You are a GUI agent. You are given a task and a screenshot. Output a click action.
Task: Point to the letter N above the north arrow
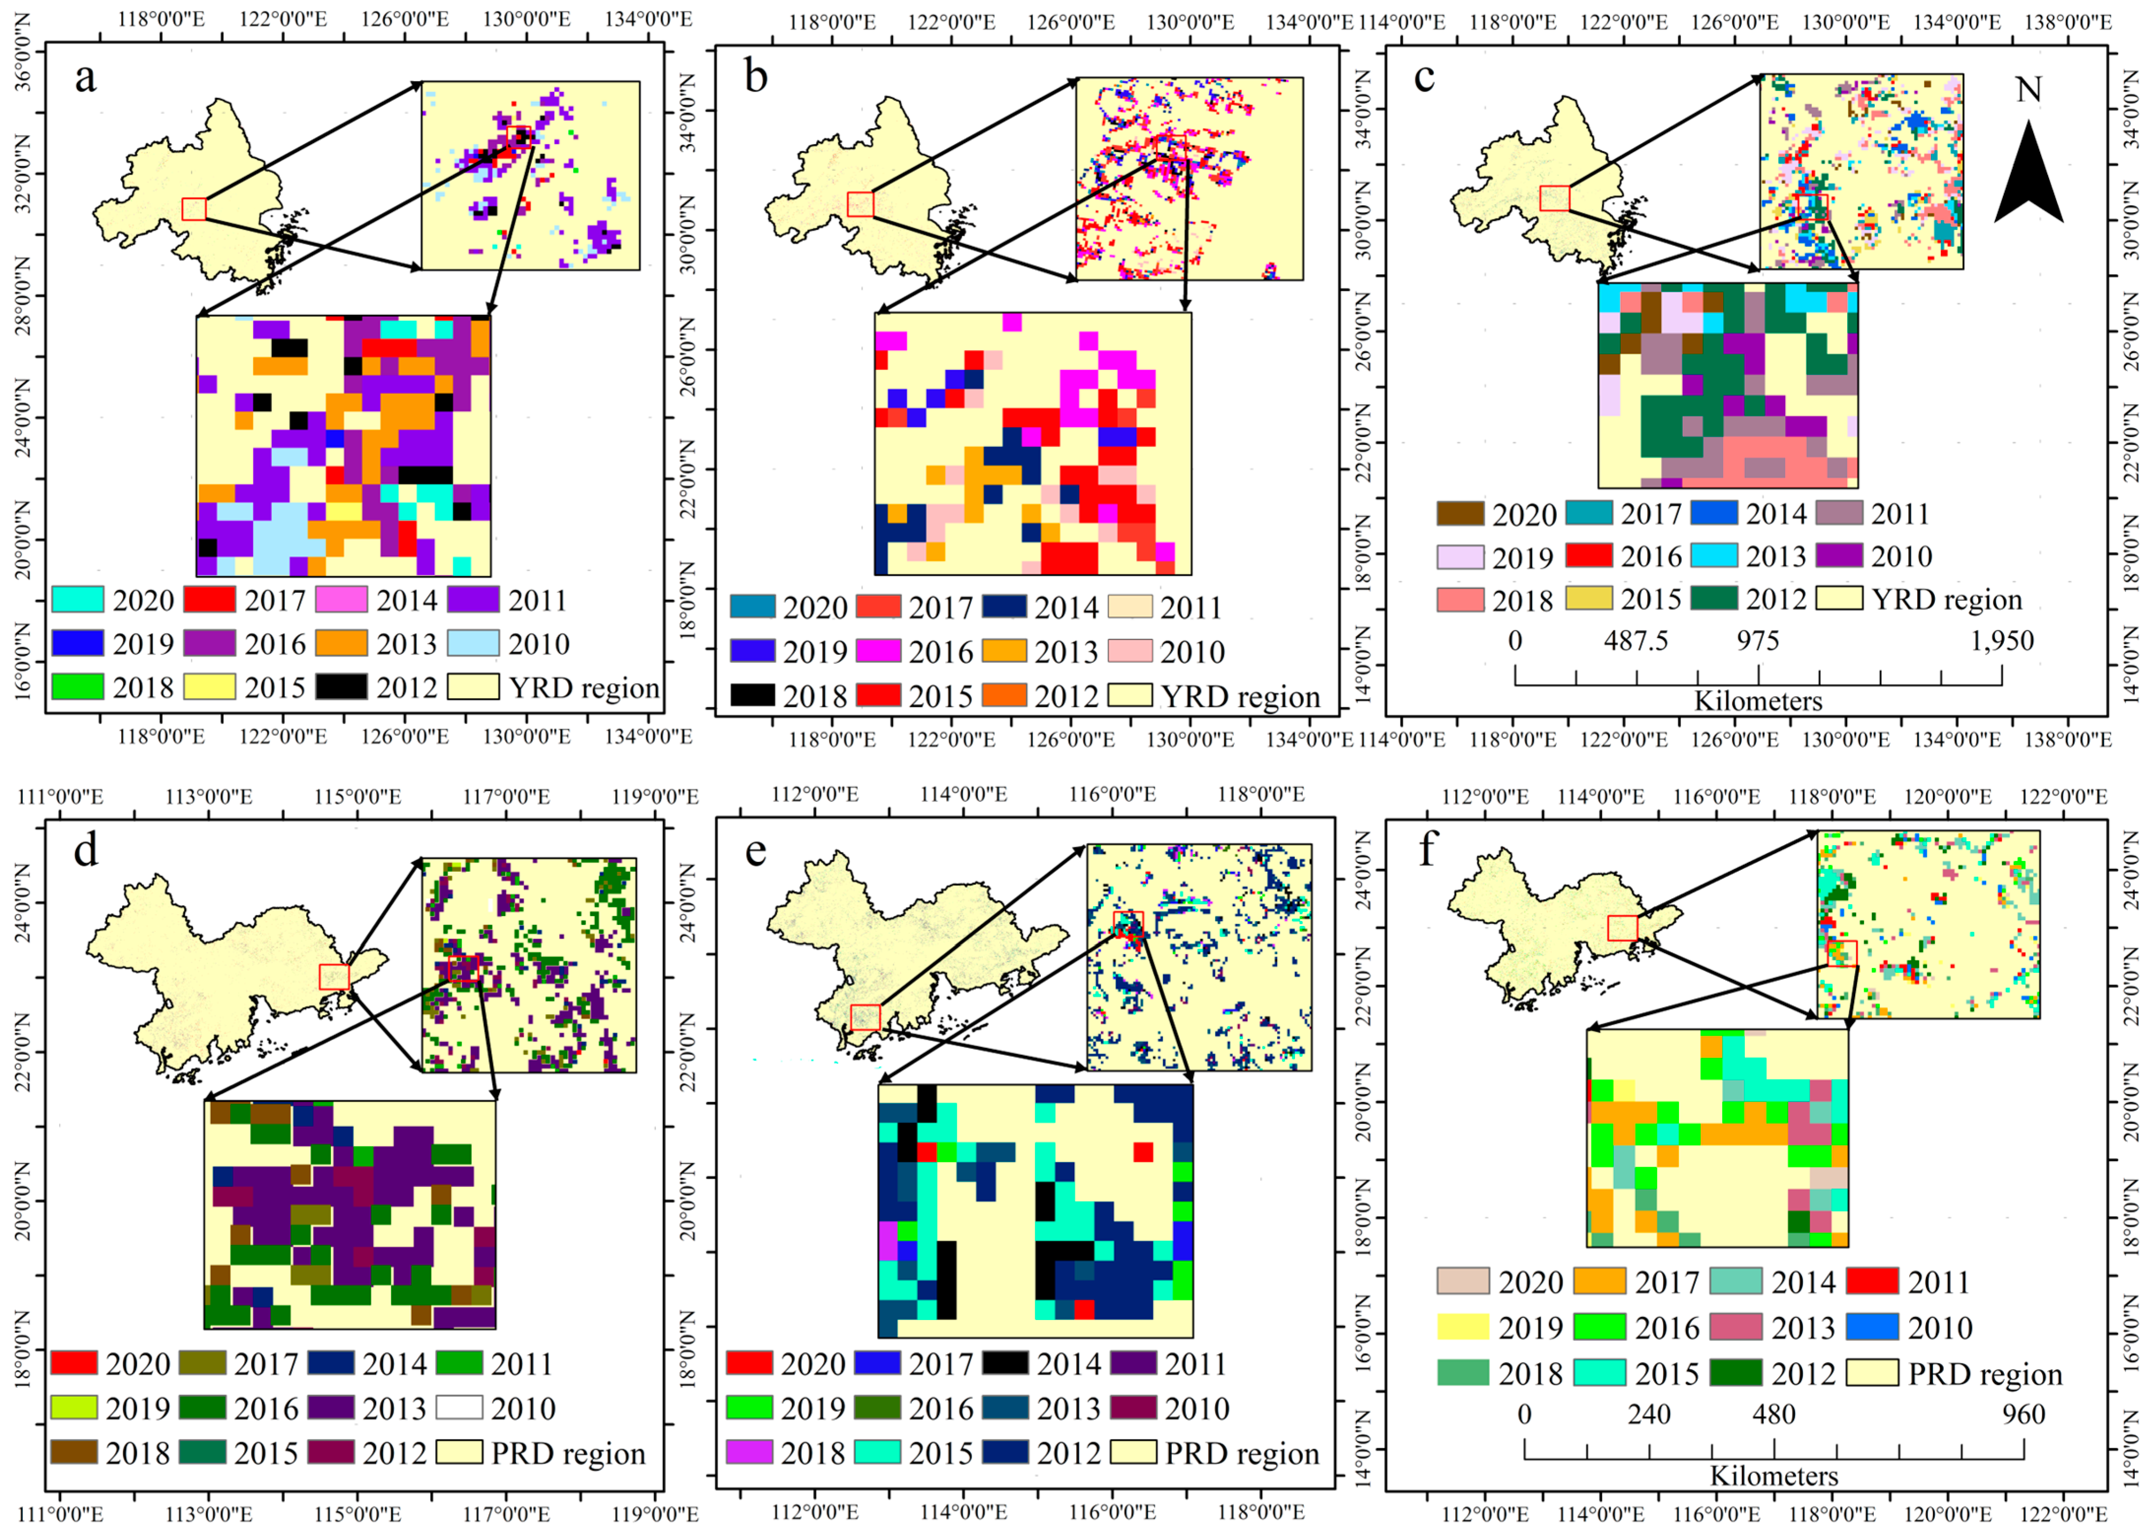point(2028,90)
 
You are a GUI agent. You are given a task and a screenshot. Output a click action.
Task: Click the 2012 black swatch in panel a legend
point(341,686)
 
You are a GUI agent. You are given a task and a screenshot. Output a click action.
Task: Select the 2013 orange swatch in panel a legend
point(341,643)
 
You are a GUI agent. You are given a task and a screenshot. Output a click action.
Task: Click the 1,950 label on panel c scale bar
point(2001,641)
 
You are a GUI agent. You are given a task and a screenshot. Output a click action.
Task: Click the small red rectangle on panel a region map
point(194,209)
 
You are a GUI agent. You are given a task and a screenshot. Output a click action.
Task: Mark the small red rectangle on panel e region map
point(865,1017)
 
